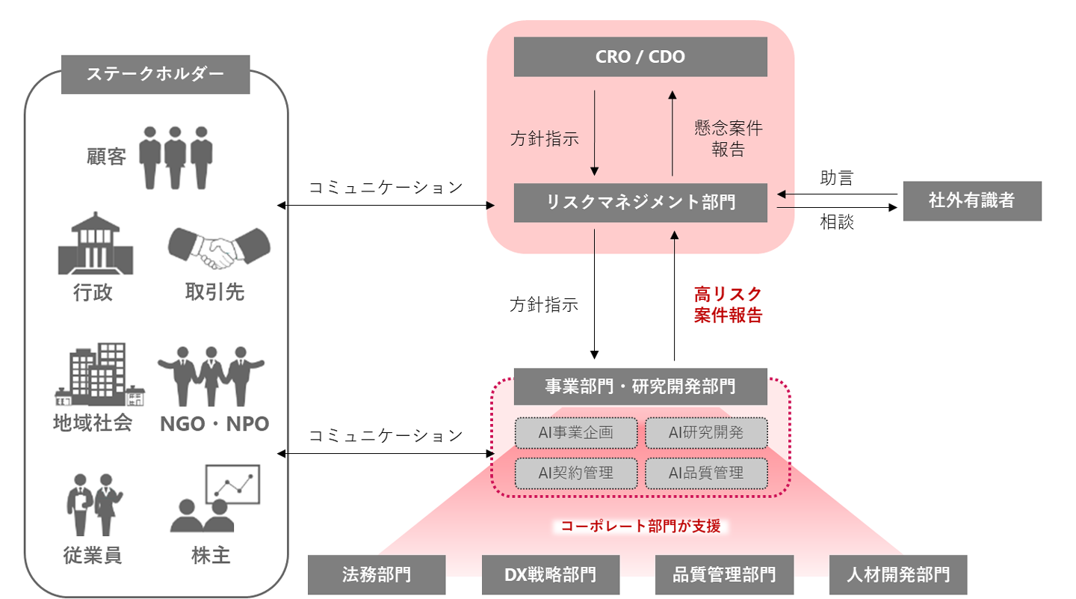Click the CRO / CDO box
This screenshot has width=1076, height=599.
640,57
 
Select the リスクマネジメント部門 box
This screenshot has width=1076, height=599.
640,202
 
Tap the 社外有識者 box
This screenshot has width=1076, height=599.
971,200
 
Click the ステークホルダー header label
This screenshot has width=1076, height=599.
155,74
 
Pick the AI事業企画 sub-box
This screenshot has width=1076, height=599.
575,432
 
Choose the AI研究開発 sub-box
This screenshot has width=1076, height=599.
706,432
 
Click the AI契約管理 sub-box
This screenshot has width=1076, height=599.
575,473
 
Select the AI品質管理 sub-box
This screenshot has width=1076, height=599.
706,473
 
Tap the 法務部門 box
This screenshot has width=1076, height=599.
377,574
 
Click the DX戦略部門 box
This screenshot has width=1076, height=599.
550,574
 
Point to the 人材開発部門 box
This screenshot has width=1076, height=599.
898,574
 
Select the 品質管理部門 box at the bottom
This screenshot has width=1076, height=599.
724,574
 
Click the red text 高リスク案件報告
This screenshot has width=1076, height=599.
728,304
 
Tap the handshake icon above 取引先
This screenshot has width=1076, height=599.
218,248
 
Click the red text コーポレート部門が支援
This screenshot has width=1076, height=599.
641,526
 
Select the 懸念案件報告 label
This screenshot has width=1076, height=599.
728,138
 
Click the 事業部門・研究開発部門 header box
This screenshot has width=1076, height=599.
640,387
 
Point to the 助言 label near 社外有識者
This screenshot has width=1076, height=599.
836,178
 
